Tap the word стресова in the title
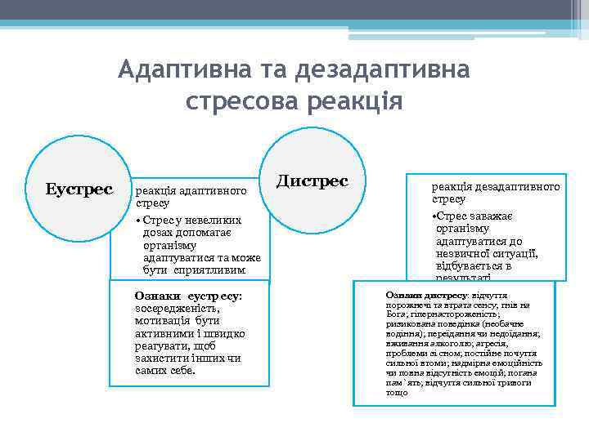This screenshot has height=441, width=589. pyautogui.click(x=243, y=102)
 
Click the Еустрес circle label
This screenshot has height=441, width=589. pyautogui.click(x=79, y=189)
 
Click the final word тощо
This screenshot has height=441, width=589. pyautogui.click(x=396, y=393)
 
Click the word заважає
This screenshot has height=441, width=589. pyautogui.click(x=491, y=216)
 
